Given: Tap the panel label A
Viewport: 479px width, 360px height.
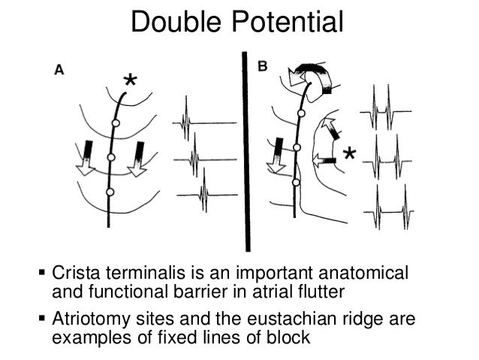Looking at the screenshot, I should coord(59,68).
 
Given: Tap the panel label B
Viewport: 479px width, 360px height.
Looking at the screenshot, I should coord(263,67).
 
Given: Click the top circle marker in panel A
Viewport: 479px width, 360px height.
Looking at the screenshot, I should coord(116,123).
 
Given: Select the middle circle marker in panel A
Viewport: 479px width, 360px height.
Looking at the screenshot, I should coord(110,157).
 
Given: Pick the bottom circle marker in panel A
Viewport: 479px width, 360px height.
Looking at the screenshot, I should coord(109,192).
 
